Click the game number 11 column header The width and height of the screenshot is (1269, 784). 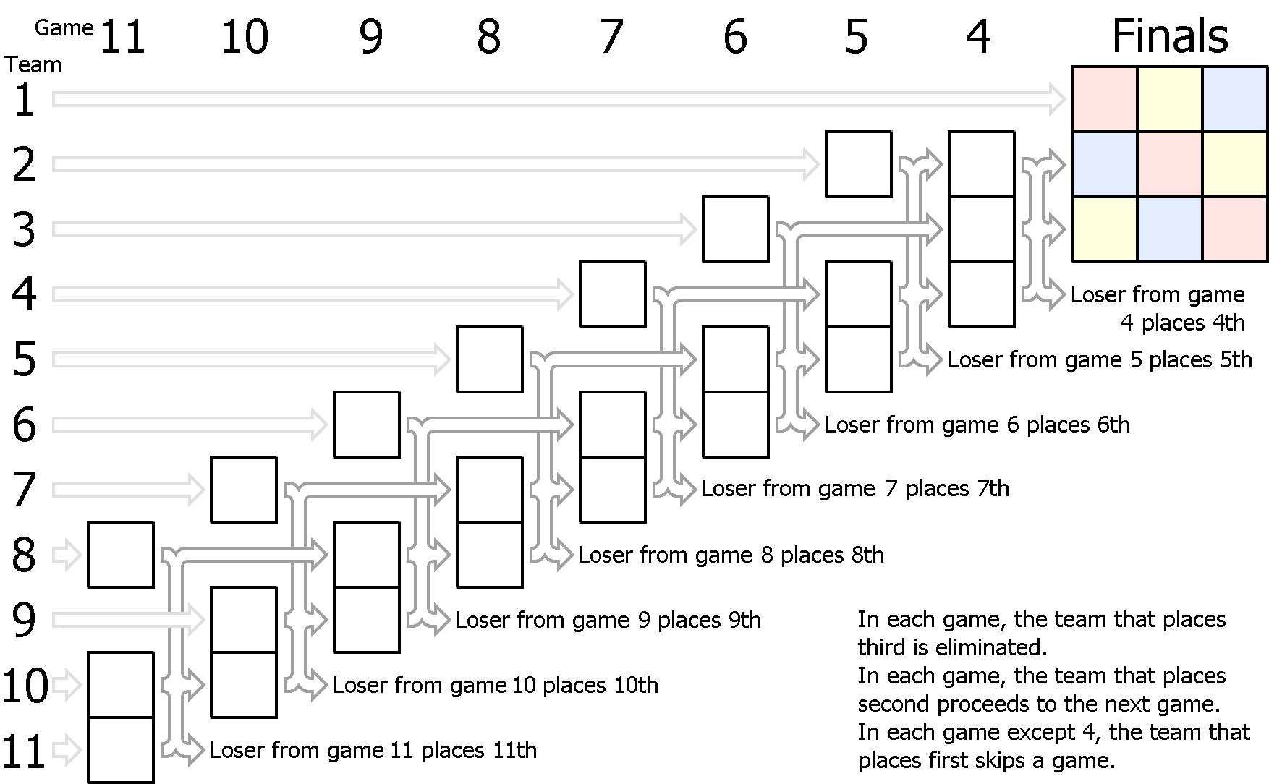coord(122,37)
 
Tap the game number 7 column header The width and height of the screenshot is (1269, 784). coord(612,37)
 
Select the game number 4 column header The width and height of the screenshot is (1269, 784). coord(978,37)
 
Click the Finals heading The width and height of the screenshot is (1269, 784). coord(1170,36)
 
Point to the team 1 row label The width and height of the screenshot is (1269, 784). coord(25,100)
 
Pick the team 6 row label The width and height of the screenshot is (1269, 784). coord(25,425)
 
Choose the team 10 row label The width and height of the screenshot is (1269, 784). coord(25,686)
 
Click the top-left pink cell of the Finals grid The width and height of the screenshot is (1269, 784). coord(1104,99)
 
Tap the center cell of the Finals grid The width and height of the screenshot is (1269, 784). coord(1170,164)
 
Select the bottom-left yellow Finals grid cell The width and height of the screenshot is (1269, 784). coord(1104,229)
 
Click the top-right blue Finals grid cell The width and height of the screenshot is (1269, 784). coord(1235,99)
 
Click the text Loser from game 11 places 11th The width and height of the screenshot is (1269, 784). coord(373,750)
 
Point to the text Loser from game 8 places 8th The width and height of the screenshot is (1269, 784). coord(731,555)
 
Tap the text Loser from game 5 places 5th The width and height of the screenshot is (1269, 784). coord(1100,359)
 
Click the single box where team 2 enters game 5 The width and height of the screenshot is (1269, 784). coord(859,164)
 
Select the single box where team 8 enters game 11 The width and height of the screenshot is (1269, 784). coord(121,555)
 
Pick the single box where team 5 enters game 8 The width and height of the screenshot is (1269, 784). coord(490,359)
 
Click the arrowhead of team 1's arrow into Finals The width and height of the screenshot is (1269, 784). coord(1057,100)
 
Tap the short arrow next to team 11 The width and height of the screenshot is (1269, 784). coord(67,750)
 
